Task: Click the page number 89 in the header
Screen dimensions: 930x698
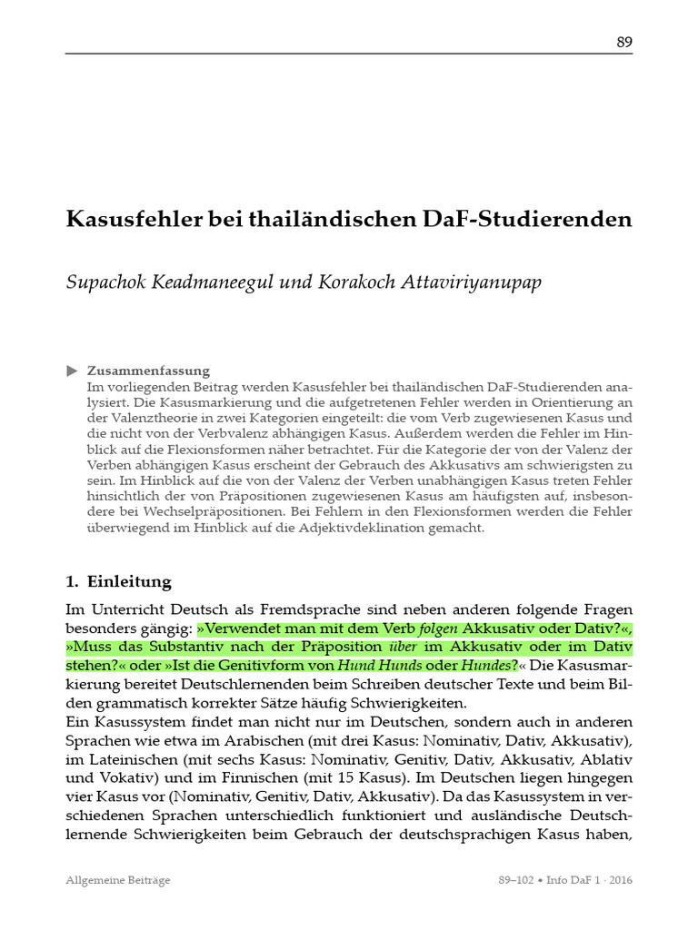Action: pos(624,42)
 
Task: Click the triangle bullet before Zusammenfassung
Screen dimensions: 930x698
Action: pos(73,371)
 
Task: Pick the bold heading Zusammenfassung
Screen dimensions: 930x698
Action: pos(148,371)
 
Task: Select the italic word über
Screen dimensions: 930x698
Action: pos(404,647)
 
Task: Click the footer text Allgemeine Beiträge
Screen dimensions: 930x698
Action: pos(119,880)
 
